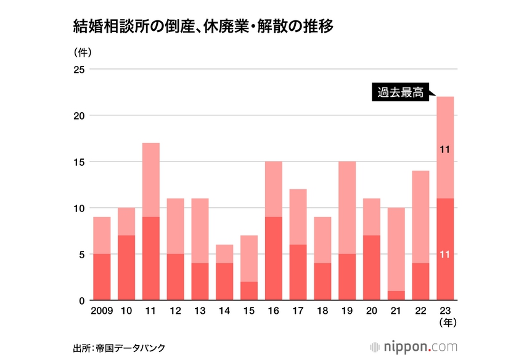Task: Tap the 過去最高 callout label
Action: click(x=400, y=93)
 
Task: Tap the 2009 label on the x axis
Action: click(x=102, y=311)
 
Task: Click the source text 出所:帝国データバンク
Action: click(x=118, y=348)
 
